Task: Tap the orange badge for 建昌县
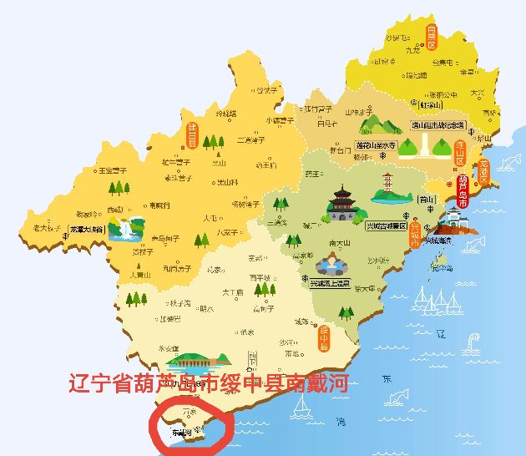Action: click(x=191, y=133)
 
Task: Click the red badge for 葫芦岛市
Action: click(x=463, y=190)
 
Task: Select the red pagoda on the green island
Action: click(x=388, y=188)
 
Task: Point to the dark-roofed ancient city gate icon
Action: click(x=342, y=204)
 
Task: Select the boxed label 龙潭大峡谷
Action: click(x=86, y=228)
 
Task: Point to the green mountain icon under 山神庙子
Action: click(x=378, y=125)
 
